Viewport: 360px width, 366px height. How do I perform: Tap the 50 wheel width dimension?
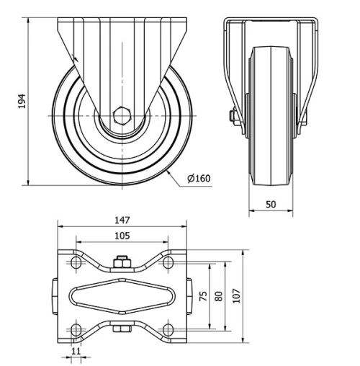[x=271, y=204]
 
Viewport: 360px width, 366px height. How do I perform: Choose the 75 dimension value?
[x=204, y=296]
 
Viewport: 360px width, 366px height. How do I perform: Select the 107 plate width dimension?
[x=236, y=296]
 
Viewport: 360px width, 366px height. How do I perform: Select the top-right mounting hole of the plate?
[x=168, y=263]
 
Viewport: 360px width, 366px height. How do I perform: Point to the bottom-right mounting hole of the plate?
[x=168, y=329]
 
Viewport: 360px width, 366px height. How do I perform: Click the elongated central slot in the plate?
[x=122, y=296]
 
